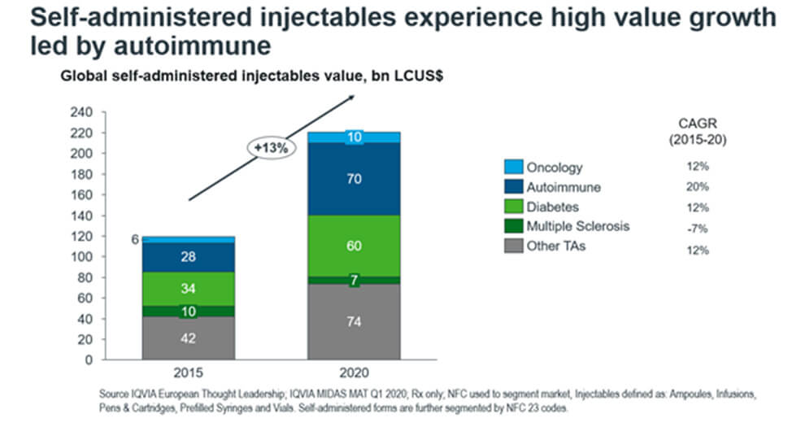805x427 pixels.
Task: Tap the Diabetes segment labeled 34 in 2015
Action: [188, 288]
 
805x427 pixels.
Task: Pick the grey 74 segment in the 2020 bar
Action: [355, 320]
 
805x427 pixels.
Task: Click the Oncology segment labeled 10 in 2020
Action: [355, 137]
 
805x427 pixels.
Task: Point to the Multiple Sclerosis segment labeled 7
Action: [355, 281]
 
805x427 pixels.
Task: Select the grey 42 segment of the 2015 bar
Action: [188, 338]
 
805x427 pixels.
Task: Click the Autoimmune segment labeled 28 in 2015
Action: [188, 257]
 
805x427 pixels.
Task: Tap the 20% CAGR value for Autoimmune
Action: [698, 187]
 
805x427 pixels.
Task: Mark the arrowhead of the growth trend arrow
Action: [351, 97]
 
